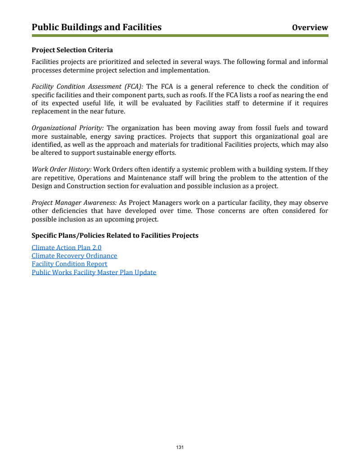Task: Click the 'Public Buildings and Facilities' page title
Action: point(96,27)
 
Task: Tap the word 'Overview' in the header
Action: point(310,28)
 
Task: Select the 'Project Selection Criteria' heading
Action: point(72,50)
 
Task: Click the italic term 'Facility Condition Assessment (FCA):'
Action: point(87,86)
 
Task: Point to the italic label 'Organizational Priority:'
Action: point(67,128)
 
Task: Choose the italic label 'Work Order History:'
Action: point(61,169)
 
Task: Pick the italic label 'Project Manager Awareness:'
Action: point(74,203)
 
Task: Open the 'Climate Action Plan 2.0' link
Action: point(67,247)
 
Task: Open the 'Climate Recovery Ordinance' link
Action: point(74,256)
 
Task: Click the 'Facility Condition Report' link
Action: point(69,264)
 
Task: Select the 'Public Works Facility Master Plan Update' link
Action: point(94,272)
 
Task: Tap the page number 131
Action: point(180,447)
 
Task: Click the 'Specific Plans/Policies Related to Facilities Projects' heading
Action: point(115,235)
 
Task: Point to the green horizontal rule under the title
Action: point(180,36)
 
